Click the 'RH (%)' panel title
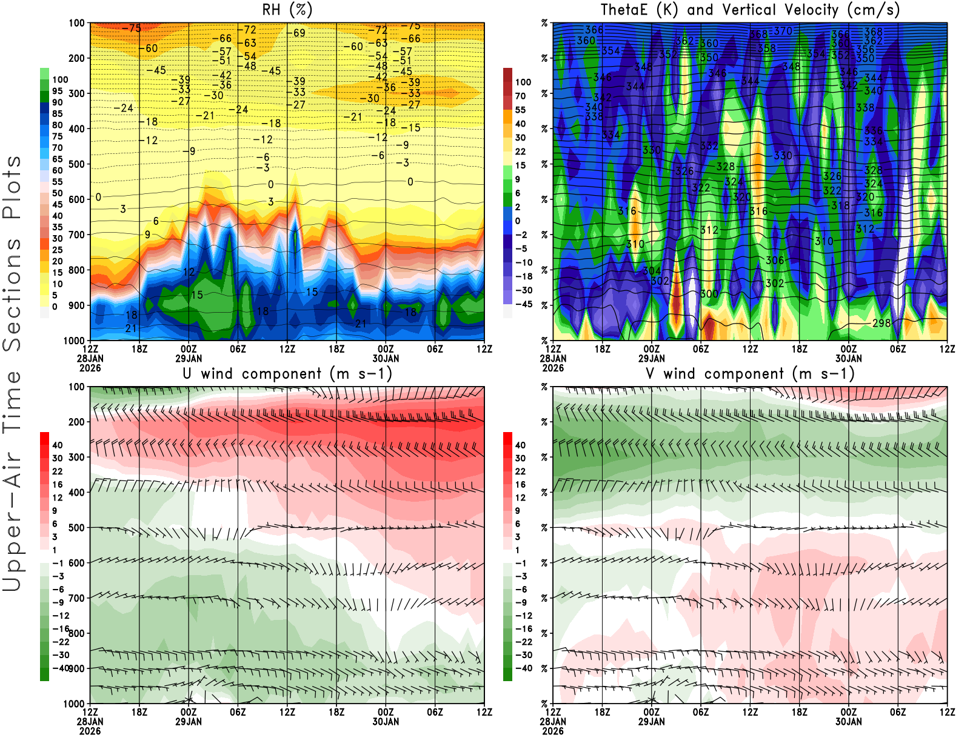[x=287, y=10]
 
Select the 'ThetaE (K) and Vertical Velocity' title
[x=750, y=10]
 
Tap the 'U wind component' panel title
[x=287, y=373]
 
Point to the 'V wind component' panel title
[x=750, y=373]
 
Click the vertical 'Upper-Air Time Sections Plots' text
[x=12, y=373]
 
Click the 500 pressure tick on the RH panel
[x=76, y=164]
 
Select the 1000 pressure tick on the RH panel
[x=74, y=341]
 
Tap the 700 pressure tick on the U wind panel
[x=76, y=598]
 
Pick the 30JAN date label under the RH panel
[x=386, y=358]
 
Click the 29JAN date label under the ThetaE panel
[x=651, y=358]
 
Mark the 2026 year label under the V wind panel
[x=553, y=731]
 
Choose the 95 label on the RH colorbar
[x=57, y=91]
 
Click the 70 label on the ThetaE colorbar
[x=520, y=96]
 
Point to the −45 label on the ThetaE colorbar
[x=523, y=304]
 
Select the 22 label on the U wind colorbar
[x=57, y=471]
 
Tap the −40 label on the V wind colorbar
[x=523, y=668]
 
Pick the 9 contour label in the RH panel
[x=147, y=235]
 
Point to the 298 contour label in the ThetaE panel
[x=881, y=323]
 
